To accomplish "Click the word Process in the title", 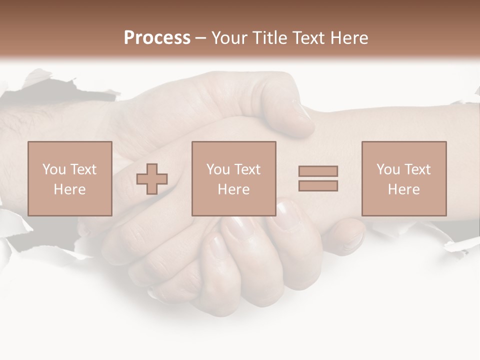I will point(157,37).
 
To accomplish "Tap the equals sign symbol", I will point(318,178).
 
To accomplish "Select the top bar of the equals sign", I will point(318,171).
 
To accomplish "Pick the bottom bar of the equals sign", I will point(318,186).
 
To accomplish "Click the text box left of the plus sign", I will point(70,178).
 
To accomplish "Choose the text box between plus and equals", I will point(234,178).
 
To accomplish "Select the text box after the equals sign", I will point(404,178).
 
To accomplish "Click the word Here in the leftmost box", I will point(69,189).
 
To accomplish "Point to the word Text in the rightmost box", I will point(416,169).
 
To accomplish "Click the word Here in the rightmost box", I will point(404,189).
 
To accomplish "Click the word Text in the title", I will point(307,38).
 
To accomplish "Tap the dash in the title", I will point(201,38).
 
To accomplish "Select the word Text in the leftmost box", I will point(82,169).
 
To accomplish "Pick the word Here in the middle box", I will point(234,189).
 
